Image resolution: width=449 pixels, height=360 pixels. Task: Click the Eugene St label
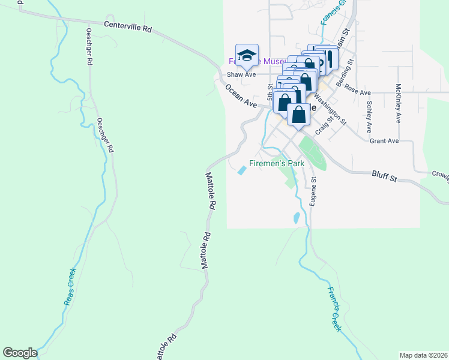pos(313,191)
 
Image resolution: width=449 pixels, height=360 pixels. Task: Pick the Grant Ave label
pos(384,141)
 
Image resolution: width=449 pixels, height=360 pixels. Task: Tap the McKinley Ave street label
pos(398,103)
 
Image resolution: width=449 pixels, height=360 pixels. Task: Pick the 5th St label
pos(271,91)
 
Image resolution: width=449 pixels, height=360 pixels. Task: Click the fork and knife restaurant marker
pos(329,59)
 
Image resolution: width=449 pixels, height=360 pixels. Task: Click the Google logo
pos(20,353)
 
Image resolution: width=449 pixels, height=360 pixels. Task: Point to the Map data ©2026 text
pos(423,355)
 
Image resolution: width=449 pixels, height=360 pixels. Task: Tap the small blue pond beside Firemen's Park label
pos(243,171)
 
